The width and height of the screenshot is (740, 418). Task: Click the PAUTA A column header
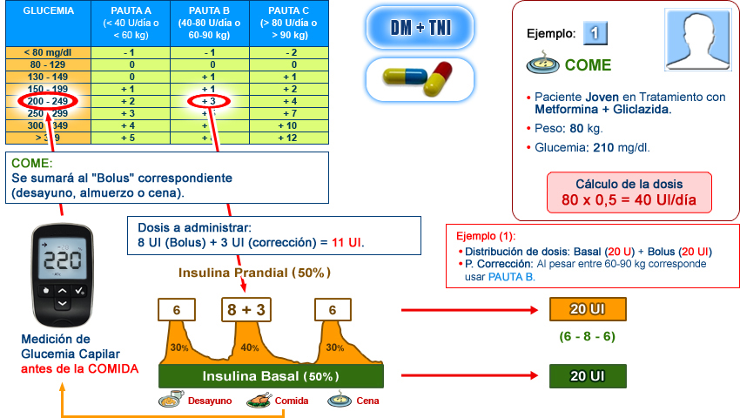(131, 24)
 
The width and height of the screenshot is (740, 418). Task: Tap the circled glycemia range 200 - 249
(48, 101)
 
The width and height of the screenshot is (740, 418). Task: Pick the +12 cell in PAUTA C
(287, 138)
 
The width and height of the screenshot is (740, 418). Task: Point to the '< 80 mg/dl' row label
(48, 52)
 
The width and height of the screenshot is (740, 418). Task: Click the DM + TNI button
(420, 27)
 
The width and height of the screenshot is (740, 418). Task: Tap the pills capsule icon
(420, 78)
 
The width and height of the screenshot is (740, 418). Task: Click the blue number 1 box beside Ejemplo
(595, 33)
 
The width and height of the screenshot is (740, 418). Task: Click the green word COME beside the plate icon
(588, 65)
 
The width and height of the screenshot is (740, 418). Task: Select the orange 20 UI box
(587, 309)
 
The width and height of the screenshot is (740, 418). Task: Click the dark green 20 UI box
(587, 376)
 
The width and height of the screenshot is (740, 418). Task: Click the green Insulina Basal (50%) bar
(271, 376)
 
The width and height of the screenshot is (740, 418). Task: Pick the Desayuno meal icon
(171, 401)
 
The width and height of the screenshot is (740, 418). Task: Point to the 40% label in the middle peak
(251, 347)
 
